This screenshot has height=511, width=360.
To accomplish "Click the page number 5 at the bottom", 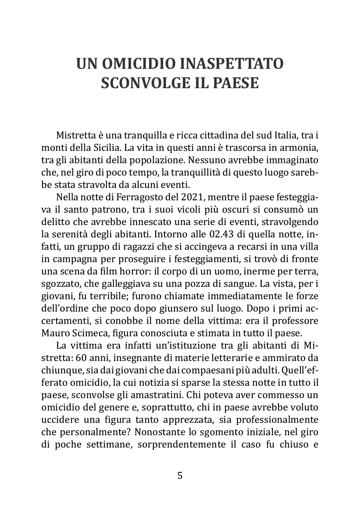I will pos(180,476).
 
